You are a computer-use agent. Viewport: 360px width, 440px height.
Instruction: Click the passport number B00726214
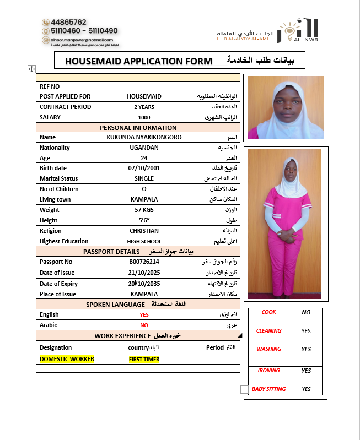tap(144, 262)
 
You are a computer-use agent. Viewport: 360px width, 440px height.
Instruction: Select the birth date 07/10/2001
tap(144, 168)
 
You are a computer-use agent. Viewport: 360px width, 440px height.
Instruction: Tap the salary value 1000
tap(144, 117)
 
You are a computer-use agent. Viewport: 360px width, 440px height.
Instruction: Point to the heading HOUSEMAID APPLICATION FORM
tap(138, 61)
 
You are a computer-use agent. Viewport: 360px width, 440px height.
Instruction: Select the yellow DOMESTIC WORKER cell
tap(67, 359)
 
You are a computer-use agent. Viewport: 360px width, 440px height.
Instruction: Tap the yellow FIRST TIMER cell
tap(144, 359)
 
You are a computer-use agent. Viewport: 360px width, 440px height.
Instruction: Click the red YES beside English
tap(144, 314)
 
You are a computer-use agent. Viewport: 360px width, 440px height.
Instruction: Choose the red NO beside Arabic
tap(144, 325)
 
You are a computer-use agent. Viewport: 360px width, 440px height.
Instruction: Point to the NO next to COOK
tap(306, 312)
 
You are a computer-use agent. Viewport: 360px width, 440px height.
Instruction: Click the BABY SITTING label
tap(268, 389)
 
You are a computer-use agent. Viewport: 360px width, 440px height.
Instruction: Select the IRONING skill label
tap(268, 371)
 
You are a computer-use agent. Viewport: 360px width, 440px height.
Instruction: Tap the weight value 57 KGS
tap(144, 210)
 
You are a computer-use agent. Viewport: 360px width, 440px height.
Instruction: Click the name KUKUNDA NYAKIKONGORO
tap(144, 137)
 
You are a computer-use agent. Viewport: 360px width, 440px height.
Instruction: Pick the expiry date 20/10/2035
tap(144, 284)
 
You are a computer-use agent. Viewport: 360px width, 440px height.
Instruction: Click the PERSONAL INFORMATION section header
tap(138, 128)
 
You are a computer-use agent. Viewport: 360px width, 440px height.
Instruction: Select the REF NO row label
tap(50, 86)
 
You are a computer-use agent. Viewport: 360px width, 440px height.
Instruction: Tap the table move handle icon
tap(31, 69)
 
